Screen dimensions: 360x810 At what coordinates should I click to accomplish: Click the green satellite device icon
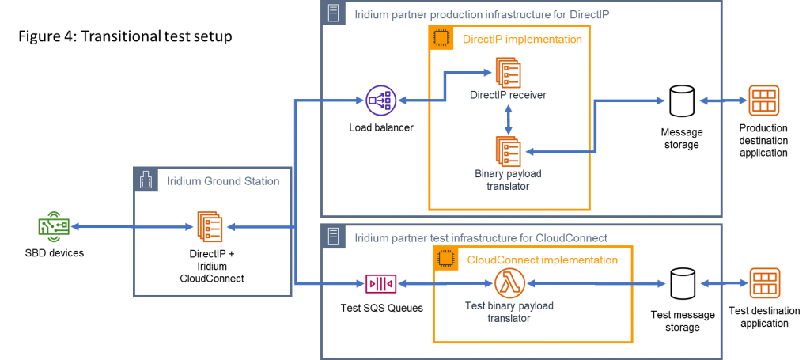pyautogui.click(x=54, y=227)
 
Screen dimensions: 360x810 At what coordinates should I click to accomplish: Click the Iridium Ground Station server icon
pyautogui.click(x=210, y=227)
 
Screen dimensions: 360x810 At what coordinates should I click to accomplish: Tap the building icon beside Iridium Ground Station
pyautogui.click(x=146, y=181)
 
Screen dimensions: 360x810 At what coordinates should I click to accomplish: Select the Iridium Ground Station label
pyautogui.click(x=223, y=181)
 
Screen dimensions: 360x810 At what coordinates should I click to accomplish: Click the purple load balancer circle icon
pyautogui.click(x=380, y=100)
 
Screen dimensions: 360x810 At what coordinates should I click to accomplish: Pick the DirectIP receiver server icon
pyautogui.click(x=508, y=73)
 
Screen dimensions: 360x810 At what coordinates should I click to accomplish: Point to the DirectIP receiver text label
pyautogui.click(x=508, y=95)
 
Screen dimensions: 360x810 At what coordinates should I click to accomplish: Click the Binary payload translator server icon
pyautogui.click(x=508, y=151)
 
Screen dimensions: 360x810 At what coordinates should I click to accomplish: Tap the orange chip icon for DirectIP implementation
pyautogui.click(x=441, y=38)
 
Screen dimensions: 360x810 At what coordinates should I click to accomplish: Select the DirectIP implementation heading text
pyautogui.click(x=522, y=38)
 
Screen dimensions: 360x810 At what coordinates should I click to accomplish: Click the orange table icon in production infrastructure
pyautogui.click(x=764, y=100)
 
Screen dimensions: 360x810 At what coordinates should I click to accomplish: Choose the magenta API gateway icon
pyautogui.click(x=380, y=282)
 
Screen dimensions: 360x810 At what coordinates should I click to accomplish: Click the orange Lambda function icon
pyautogui.click(x=509, y=282)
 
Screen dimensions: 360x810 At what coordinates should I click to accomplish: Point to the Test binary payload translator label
pyautogui.click(x=509, y=312)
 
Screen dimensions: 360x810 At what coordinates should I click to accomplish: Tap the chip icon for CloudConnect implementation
pyautogui.click(x=446, y=259)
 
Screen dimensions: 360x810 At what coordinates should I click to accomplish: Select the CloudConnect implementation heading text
pyautogui.click(x=543, y=260)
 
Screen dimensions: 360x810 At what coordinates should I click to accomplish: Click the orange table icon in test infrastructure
pyautogui.click(x=764, y=282)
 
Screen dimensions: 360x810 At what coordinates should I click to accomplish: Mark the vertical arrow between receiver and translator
pyautogui.click(x=508, y=118)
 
